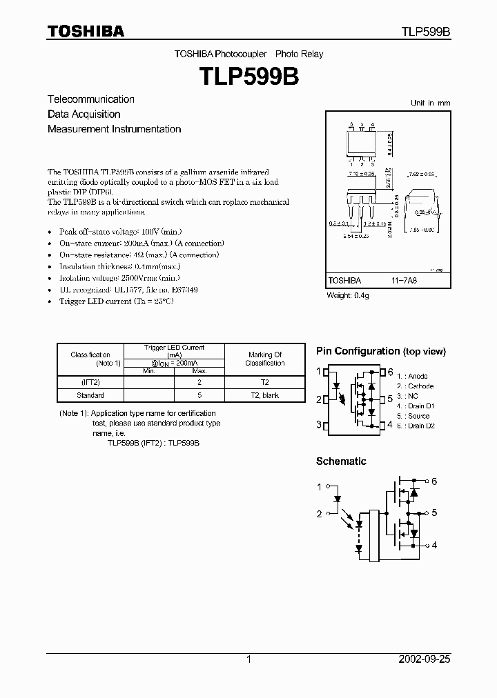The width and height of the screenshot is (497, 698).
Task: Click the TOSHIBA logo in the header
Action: tap(86, 31)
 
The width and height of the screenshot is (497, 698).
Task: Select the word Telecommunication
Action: tap(91, 99)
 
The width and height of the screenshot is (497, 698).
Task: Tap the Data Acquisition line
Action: tap(84, 114)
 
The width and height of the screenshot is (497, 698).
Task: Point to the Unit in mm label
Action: tap(430, 103)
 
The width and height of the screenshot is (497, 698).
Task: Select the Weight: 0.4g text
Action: tap(348, 295)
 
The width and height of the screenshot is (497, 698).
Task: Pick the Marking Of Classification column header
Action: tap(264, 359)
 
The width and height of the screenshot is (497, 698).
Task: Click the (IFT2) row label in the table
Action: tap(90, 382)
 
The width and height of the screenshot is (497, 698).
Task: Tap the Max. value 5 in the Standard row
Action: tap(199, 395)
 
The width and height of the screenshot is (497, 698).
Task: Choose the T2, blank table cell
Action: tap(264, 395)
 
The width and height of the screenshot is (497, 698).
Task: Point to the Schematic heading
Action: tap(341, 461)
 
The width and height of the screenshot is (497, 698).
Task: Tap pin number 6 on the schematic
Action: tap(434, 481)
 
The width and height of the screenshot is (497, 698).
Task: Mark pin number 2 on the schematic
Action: tap(319, 514)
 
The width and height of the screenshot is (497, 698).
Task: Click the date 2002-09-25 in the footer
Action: tap(425, 659)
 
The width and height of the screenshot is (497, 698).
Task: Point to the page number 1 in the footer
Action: tap(248, 659)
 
